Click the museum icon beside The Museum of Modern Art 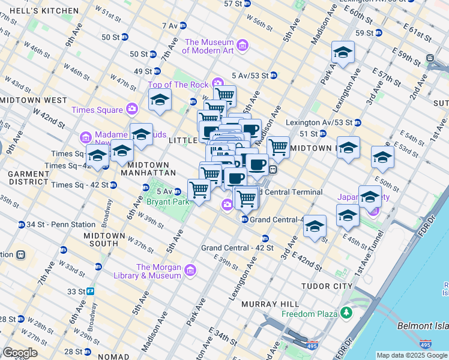[x=243, y=46]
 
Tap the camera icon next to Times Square [x=131, y=109]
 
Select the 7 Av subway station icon [x=183, y=26]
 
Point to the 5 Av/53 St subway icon [x=273, y=76]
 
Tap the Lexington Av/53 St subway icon [x=357, y=122]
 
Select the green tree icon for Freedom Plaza [x=346, y=313]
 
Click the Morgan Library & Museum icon [x=190, y=271]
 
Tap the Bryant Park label [x=168, y=202]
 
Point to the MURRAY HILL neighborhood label [x=266, y=304]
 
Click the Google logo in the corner [x=19, y=353]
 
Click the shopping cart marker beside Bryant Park [x=199, y=190]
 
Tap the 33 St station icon [x=89, y=291]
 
